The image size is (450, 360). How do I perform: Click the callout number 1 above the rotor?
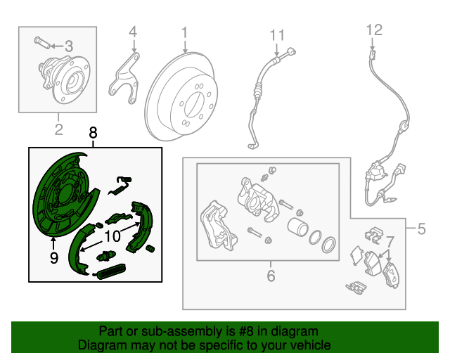[184, 32]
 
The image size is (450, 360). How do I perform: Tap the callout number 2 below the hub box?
[58, 128]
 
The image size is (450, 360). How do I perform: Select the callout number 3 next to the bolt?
[68, 46]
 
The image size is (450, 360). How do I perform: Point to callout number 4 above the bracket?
[132, 32]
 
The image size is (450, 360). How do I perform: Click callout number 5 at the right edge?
[421, 229]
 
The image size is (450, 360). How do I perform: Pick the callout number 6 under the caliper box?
[271, 276]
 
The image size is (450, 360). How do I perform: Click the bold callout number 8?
[94, 132]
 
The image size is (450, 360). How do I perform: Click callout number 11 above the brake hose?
[277, 34]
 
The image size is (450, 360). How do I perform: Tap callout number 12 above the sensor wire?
[374, 30]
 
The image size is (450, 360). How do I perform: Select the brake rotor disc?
[186, 98]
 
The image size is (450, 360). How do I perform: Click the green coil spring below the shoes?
[111, 270]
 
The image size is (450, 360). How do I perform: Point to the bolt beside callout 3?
[43, 45]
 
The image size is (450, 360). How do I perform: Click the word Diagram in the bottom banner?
[104, 345]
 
